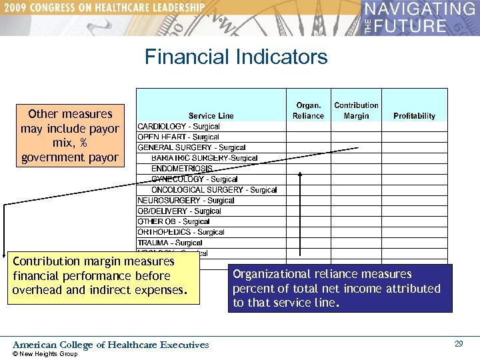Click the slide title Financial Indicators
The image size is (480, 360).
[x=236, y=57]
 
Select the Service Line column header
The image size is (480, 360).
[x=211, y=116]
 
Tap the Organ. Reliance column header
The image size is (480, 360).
[x=308, y=111]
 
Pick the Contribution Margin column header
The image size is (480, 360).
[x=356, y=111]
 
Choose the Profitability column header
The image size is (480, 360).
[x=414, y=116]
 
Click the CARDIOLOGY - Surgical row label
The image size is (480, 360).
[x=179, y=127]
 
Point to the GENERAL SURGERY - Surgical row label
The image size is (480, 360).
[x=191, y=147]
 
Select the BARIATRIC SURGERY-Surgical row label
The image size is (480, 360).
[x=204, y=158]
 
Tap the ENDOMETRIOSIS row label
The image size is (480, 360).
[x=182, y=169]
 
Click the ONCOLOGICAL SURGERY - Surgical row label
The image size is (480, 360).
[x=214, y=190]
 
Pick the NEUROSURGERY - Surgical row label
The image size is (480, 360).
[x=186, y=200]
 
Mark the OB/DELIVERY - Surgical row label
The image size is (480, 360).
[x=179, y=211]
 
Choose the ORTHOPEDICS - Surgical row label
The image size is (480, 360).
[x=181, y=232]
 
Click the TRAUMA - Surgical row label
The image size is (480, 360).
[x=170, y=243]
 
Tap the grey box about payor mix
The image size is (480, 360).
[x=70, y=135]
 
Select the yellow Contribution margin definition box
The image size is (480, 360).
[x=103, y=276]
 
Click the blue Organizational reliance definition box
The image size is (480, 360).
[x=339, y=288]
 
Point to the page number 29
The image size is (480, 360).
[x=459, y=344]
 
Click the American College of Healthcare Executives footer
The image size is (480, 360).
[x=111, y=345]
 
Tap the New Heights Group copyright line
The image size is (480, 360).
[x=45, y=354]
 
